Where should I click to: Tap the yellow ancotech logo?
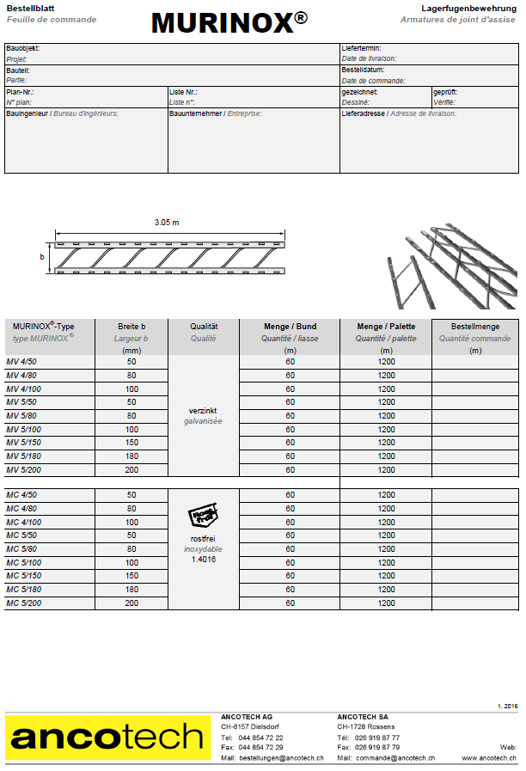pos(108,737)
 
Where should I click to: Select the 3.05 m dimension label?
pos(167,223)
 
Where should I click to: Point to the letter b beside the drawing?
pos(42,257)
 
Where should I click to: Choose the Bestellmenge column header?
pos(474,326)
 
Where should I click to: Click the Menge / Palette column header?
pos(386,326)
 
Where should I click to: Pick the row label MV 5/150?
pos(23,443)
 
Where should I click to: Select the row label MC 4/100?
pos(23,522)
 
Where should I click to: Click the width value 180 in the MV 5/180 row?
pos(131,456)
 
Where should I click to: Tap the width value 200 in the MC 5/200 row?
pos(131,603)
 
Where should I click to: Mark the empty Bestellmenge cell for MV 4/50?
pos(474,362)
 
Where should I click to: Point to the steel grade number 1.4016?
pos(203,559)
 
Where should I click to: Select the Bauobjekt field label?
pos(22,49)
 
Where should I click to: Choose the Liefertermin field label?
pos(361,49)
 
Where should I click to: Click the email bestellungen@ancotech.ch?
pos(281,758)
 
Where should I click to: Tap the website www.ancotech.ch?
pos(490,758)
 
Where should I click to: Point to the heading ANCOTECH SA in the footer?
pos(362,716)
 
